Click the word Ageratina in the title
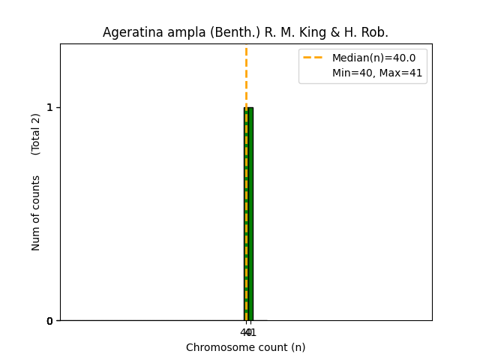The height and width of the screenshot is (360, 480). (130, 33)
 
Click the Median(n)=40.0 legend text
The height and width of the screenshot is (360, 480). (373, 58)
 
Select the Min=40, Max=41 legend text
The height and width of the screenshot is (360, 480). (377, 73)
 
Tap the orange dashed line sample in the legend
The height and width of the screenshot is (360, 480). (313, 58)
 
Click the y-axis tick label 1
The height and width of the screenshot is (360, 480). (50, 107)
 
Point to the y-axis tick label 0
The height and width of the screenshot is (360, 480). (50, 321)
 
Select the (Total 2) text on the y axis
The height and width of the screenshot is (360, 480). (36, 134)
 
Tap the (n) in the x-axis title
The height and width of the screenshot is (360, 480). (298, 347)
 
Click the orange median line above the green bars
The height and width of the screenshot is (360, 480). (246, 75)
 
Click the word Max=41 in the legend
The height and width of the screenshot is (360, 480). (402, 73)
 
